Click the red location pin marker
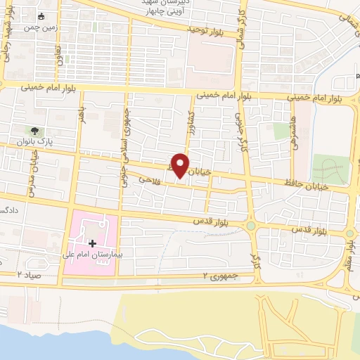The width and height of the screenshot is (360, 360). tap(181, 165)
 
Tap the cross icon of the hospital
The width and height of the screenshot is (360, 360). tap(92, 243)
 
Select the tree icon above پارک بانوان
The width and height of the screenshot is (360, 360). tap(34, 131)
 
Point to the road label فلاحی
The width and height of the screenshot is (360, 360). tap(146, 181)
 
